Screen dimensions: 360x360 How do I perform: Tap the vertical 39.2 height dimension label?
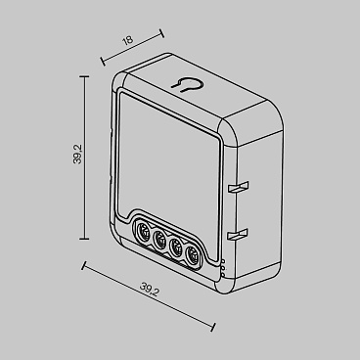tap(76, 157)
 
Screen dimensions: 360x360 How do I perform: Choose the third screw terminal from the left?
tap(178, 248)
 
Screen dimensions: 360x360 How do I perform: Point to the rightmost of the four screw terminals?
tap(195, 255)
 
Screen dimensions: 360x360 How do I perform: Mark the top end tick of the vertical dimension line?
tap(86, 78)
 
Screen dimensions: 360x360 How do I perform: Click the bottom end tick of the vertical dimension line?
tap(86, 237)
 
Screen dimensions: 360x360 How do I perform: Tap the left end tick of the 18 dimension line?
tap(100, 60)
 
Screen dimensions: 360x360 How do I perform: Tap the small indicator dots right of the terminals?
tap(223, 264)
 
